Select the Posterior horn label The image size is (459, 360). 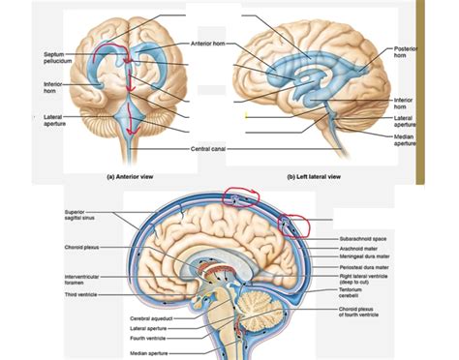[x=407, y=52]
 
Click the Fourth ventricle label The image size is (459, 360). [x=149, y=339]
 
